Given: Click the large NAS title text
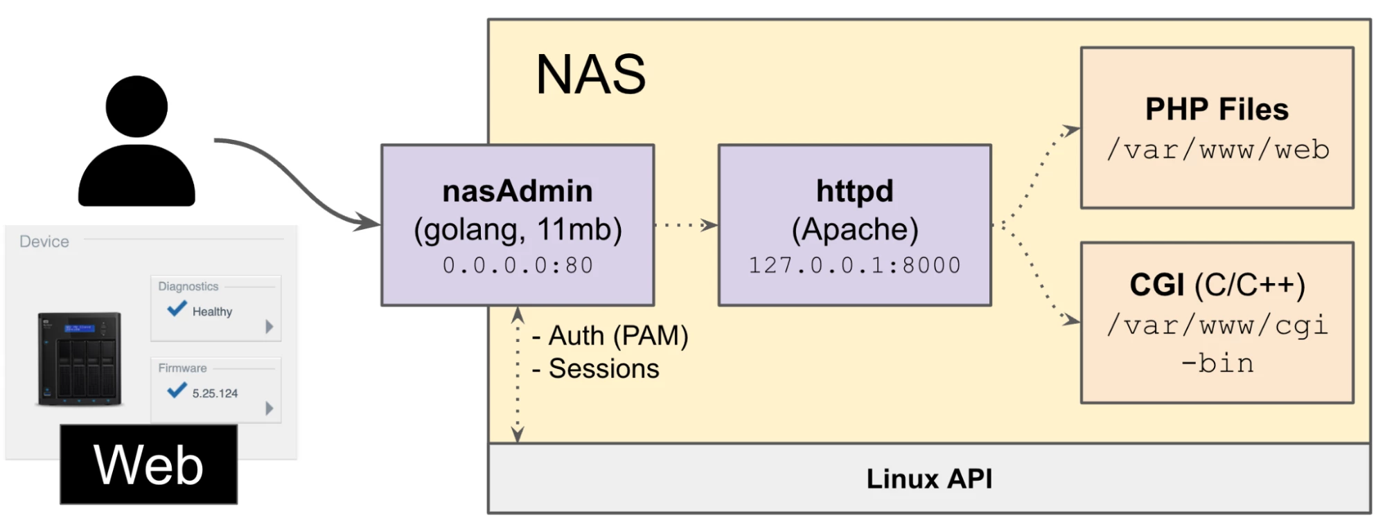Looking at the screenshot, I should [x=590, y=75].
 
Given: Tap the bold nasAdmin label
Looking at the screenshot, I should [x=518, y=192].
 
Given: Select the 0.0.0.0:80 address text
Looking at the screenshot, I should [x=518, y=265].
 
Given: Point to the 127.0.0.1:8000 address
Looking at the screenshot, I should [x=854, y=265].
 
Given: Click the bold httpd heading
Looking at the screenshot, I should [x=854, y=192].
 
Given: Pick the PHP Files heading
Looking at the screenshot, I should [x=1217, y=109].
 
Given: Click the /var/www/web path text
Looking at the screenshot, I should [x=1217, y=150].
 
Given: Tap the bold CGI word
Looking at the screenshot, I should [x=1156, y=285].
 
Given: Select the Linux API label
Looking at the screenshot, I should [x=929, y=479].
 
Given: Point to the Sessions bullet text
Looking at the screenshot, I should [x=603, y=369].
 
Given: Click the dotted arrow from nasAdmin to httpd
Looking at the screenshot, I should [x=685, y=225].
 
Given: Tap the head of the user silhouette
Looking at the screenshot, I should [x=136, y=107].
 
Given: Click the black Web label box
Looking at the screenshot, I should [x=148, y=465].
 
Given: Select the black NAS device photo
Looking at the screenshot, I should [x=80, y=359].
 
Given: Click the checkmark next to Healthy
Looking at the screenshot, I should [x=177, y=309].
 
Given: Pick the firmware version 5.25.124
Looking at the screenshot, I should [x=215, y=393].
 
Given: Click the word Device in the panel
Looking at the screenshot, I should [x=44, y=242].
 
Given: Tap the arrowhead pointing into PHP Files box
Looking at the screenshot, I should [x=1072, y=129].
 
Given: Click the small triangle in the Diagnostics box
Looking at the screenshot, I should [x=270, y=327].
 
